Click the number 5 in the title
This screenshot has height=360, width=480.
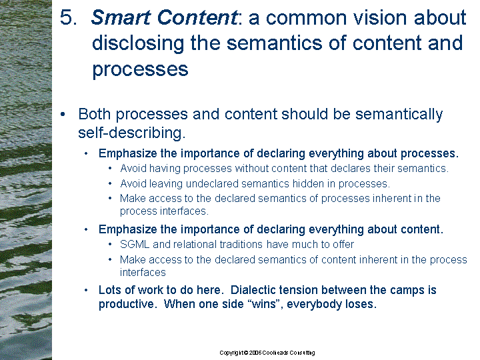tap(68, 17)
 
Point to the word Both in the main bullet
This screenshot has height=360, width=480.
tap(94, 114)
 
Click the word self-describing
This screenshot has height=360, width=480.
tap(131, 133)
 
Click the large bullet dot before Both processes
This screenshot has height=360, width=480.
tap(63, 115)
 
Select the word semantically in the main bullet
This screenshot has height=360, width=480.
tap(399, 115)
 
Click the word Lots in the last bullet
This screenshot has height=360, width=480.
tap(110, 290)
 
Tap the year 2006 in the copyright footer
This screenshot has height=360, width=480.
tap(255, 353)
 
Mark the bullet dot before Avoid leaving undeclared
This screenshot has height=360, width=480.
tap(110, 184)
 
